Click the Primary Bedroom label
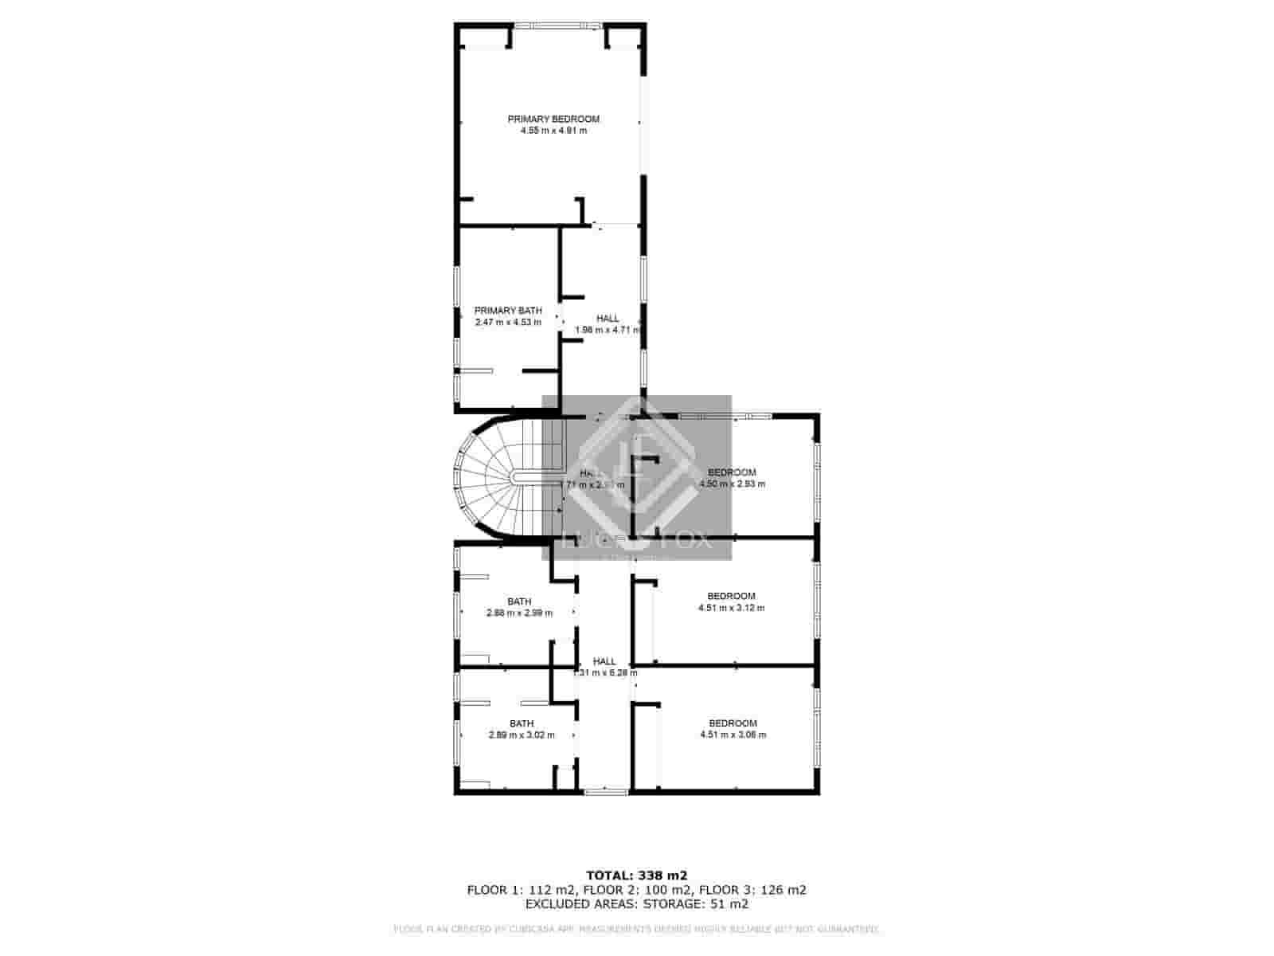tap(553, 119)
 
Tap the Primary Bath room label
tap(508, 310)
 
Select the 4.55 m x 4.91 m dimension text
tap(553, 131)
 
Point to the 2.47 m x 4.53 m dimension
tap(508, 322)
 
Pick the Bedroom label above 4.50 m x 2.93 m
tap(732, 472)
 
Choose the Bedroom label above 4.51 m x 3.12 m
tap(731, 596)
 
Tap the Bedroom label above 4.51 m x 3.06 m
tap(733, 723)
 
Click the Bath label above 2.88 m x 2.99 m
tap(519, 601)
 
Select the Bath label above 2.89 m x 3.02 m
tap(522, 723)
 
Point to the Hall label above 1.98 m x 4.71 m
tap(608, 318)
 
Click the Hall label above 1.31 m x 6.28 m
tap(604, 661)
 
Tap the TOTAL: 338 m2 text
tap(636, 875)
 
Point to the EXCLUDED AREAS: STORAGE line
tap(636, 904)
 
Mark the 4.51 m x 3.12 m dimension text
tap(731, 608)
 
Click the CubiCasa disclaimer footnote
tap(636, 929)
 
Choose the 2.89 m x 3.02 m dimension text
tap(522, 735)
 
